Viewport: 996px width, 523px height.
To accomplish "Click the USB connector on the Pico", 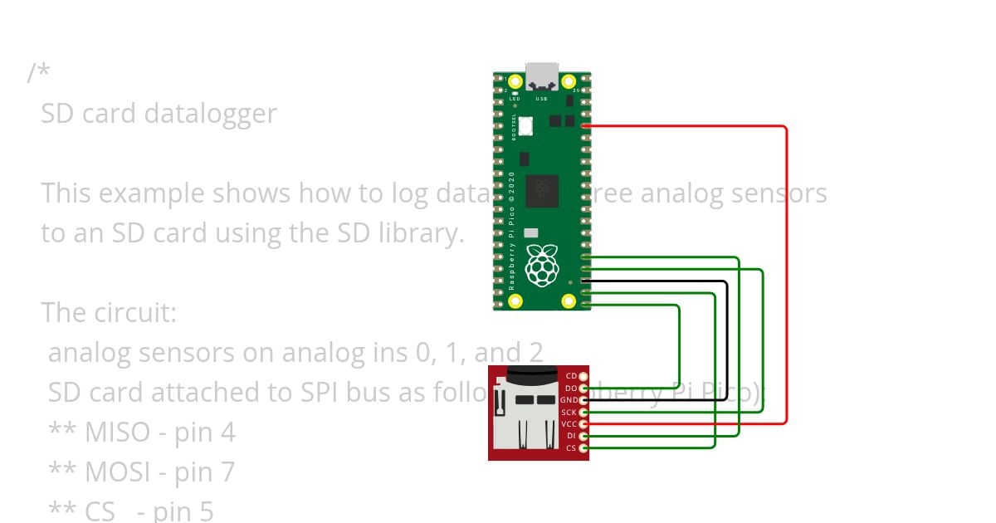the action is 542,76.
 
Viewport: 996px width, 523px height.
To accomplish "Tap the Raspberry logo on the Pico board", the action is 543,265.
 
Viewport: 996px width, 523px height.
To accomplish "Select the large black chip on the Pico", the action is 542,192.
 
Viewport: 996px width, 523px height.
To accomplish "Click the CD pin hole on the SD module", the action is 583,377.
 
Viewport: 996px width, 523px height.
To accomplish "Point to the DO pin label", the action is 571,389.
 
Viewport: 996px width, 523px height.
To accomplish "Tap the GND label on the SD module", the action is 569,400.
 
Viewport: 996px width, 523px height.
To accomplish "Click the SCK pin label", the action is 569,413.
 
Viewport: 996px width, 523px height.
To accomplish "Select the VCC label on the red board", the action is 569,424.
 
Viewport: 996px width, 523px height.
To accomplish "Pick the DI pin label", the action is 571,436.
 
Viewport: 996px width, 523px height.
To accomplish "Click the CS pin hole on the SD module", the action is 583,448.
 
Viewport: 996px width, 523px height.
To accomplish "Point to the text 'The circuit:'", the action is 109,313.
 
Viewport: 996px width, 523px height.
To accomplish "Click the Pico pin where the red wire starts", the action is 586,126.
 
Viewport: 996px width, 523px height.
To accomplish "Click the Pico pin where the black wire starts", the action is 586,282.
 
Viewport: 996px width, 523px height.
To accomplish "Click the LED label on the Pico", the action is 515,99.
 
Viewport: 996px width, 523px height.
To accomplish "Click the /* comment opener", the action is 38,73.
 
